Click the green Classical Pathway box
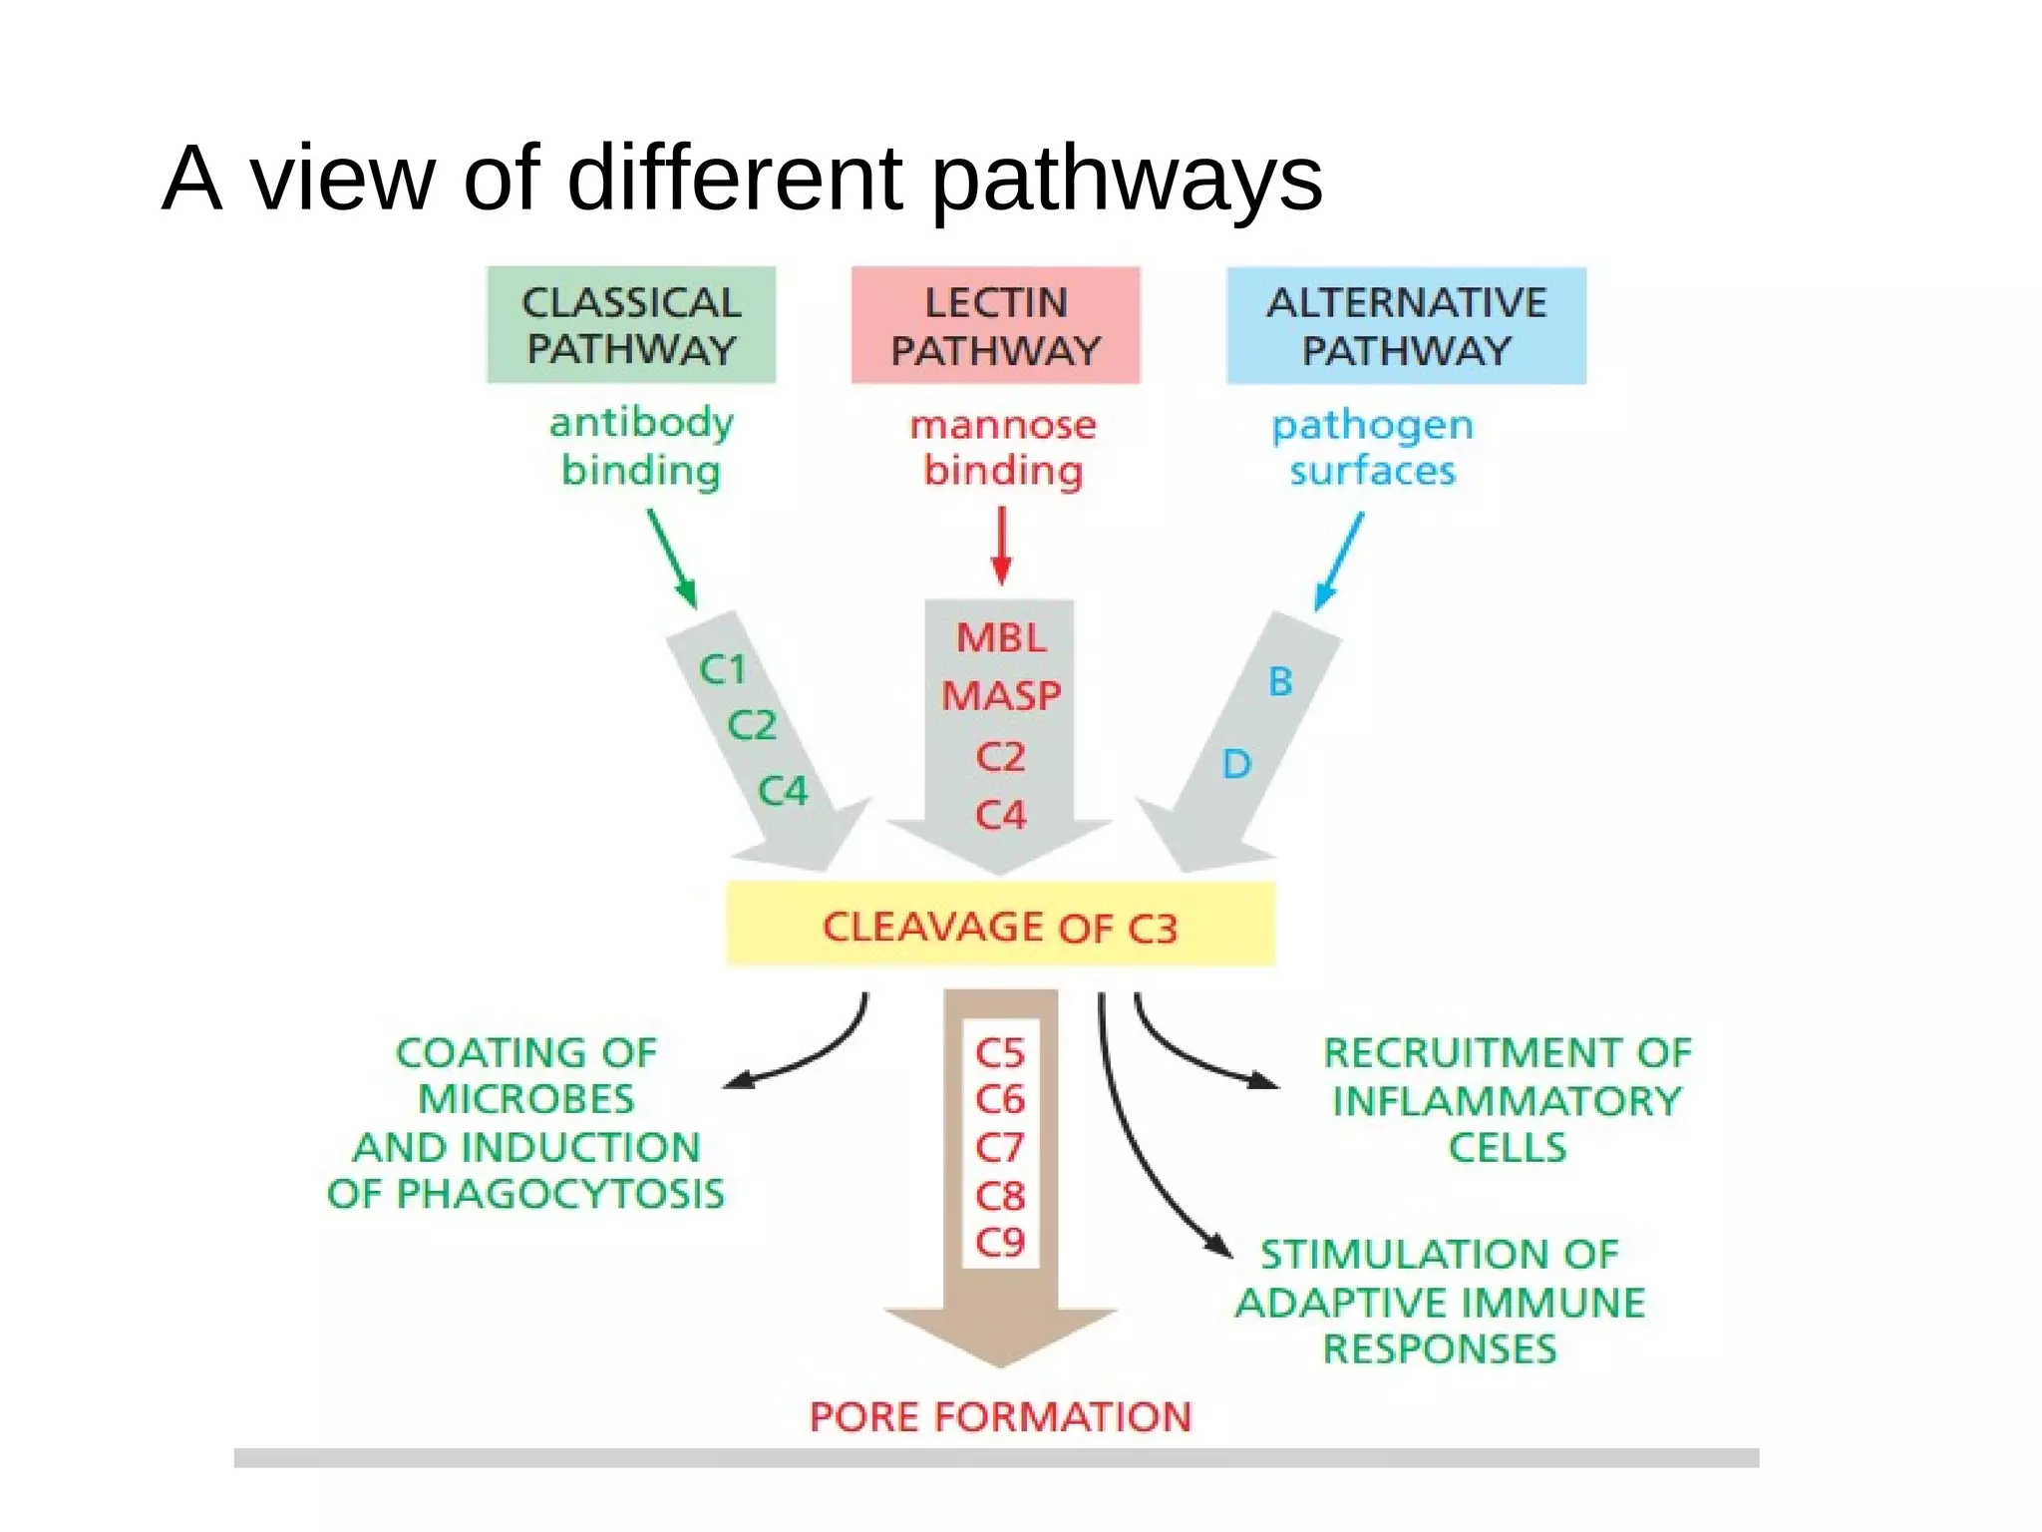pyautogui.click(x=630, y=325)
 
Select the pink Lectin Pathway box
pyautogui.click(x=995, y=325)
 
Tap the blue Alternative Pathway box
pyautogui.click(x=1406, y=325)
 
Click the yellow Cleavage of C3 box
pyautogui.click(x=1000, y=926)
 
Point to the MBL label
pyautogui.click(x=1001, y=638)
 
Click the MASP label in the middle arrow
pyautogui.click(x=1001, y=696)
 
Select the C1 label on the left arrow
pyautogui.click(x=723, y=669)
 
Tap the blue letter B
pyautogui.click(x=1280, y=682)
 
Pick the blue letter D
pyautogui.click(x=1236, y=765)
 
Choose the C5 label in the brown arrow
pyautogui.click(x=1000, y=1053)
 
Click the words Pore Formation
pyautogui.click(x=1000, y=1417)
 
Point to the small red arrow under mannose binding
pyautogui.click(x=1002, y=547)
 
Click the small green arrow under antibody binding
pyautogui.click(x=672, y=559)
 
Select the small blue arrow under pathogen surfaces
pyautogui.click(x=1338, y=562)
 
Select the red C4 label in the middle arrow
pyautogui.click(x=1000, y=816)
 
